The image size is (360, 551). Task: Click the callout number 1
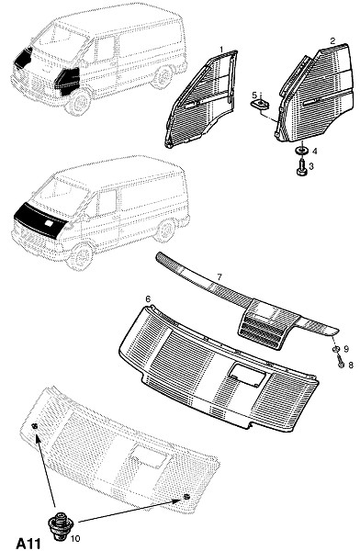(221, 49)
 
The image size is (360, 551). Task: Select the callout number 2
(332, 40)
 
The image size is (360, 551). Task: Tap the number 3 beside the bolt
(311, 165)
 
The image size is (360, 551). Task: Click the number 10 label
(75, 538)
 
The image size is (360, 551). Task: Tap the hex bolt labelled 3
(301, 168)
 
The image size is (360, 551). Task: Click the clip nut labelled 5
(259, 105)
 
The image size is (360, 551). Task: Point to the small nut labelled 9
(336, 349)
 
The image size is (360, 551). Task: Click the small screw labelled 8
(340, 363)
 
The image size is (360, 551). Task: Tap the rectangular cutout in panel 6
(246, 375)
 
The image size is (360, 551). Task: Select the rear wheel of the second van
(164, 231)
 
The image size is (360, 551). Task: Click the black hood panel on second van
(39, 220)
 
